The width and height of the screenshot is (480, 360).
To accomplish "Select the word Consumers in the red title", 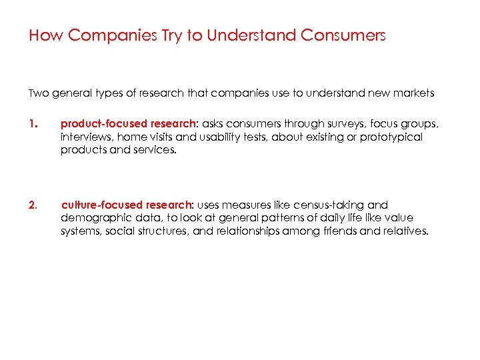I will pos(343,35).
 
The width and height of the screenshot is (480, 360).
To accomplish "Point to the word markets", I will pos(414,93).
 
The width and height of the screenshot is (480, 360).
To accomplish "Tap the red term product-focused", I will pos(101,123).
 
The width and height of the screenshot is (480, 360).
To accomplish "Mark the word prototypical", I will pos(391,137).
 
